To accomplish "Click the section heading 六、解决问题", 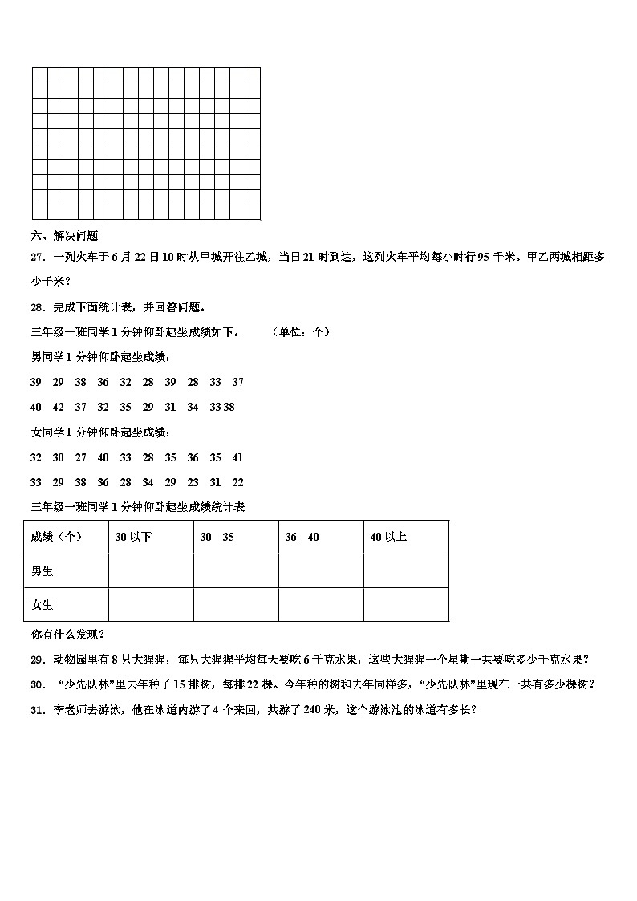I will pos(64,236).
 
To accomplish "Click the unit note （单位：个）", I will pos(300,331).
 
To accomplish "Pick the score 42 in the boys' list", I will pos(58,407).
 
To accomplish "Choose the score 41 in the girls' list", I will pos(237,457).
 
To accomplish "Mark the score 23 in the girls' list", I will pos(193,482).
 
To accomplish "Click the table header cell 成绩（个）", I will pos(56,537).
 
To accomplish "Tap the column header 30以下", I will pos(133,537).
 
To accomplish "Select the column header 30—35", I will pos(217,537).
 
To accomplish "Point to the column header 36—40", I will pos(302,537).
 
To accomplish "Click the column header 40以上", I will pos(388,537).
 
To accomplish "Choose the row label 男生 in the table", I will pos(42,570).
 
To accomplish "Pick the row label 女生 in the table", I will pos(42,604).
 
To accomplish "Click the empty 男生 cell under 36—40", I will pos(321,570).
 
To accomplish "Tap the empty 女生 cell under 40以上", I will pos(406,604).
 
